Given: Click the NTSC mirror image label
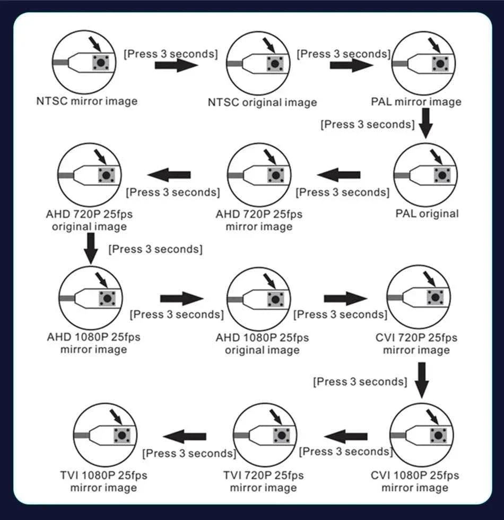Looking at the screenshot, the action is pos(87,101).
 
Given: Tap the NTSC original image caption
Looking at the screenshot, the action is pos(262,102).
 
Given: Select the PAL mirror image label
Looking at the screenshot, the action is pos(416,101).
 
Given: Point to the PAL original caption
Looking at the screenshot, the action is pos(427,213).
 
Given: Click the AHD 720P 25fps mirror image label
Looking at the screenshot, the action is pos(259,220).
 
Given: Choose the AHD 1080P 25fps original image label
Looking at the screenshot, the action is pos(262,344).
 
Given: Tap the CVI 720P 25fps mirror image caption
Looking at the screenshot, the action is pos(416,344).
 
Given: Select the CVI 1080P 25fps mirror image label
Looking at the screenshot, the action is pos(415,481).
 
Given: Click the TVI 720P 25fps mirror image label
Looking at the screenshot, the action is pos(263,481).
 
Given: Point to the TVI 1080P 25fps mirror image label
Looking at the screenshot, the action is pos(103,481).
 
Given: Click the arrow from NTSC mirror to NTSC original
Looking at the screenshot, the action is pos(176,65).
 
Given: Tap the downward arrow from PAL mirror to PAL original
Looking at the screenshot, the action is pos(425,123).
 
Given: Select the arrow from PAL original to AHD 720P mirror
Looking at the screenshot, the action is pos(338,175).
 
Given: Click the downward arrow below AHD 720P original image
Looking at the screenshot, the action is pos(91,249).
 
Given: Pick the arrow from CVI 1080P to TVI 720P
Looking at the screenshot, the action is pos(346,437).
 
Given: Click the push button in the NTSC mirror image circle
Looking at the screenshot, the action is pos(101,62).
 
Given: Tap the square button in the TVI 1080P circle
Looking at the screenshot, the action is pos(122,436).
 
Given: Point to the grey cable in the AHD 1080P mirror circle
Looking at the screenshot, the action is pos(67,299).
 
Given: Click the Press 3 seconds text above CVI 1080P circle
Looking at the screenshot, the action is pos(360,382).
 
